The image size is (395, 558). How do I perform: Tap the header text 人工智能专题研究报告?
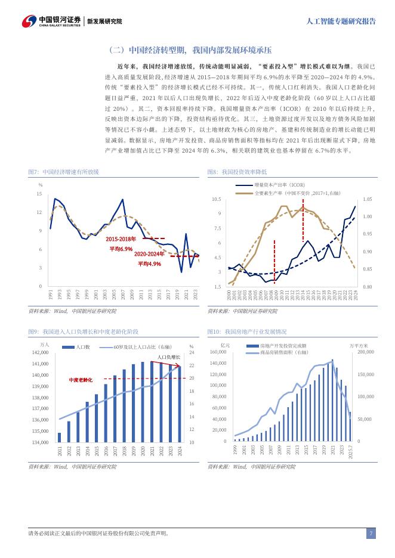(x=341, y=21)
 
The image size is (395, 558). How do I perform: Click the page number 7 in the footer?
(x=371, y=534)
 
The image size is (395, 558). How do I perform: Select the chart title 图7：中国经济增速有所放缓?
(x=64, y=172)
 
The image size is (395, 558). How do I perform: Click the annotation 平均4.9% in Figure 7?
(x=149, y=263)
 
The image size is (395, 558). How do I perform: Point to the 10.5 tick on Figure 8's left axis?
(x=216, y=199)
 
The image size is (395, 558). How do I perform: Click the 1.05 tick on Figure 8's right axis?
(x=367, y=199)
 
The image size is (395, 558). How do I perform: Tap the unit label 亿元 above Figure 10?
(x=224, y=345)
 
